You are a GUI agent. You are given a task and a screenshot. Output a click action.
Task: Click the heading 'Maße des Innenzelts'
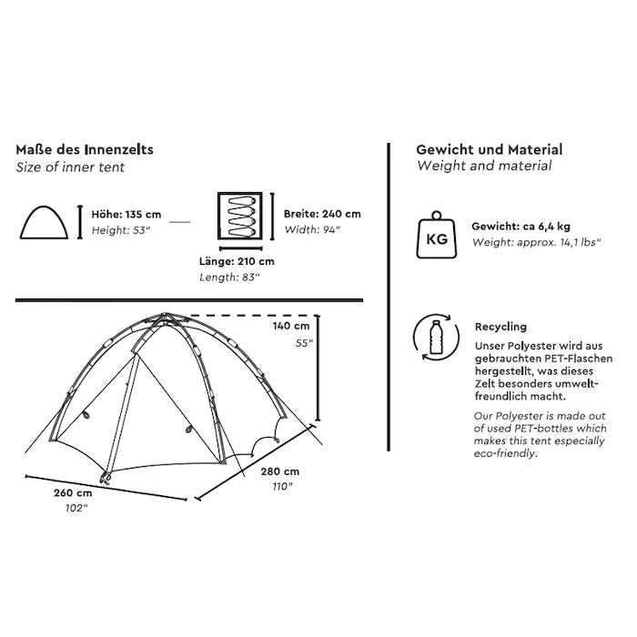[84, 150]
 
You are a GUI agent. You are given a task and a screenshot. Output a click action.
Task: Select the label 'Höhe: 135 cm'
[126, 215]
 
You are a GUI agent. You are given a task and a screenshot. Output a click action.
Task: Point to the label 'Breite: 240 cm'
[322, 214]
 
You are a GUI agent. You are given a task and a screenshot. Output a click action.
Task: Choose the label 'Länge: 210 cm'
[237, 261]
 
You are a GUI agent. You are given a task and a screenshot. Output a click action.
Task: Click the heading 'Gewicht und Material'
[489, 150]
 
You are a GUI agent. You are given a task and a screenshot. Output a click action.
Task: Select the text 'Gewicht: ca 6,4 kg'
[521, 227]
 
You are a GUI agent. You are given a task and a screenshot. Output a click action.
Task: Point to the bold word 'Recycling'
[500, 327]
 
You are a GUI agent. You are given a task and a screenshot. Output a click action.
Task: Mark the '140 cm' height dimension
[291, 326]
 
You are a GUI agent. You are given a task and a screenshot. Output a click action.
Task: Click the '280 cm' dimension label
[279, 471]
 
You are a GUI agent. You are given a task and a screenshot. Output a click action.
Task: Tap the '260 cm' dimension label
[73, 492]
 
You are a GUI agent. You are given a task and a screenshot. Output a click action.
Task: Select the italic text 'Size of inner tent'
[71, 167]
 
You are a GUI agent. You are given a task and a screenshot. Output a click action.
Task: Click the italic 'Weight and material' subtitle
[483, 167]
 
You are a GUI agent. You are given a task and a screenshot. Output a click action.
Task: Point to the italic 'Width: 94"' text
[311, 230]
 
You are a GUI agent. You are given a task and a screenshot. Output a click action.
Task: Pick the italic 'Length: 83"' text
[230, 277]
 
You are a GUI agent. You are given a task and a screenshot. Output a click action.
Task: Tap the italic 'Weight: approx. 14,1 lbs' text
[527, 243]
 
